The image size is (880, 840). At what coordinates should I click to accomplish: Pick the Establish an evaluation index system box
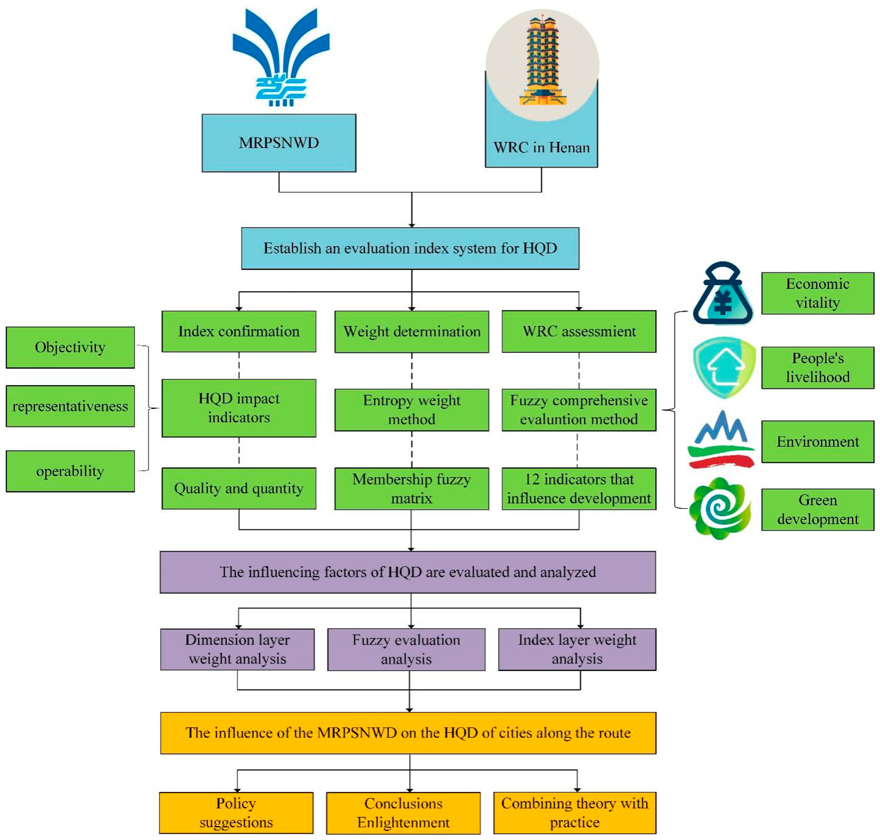[x=410, y=248]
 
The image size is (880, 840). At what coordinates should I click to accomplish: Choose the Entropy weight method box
[x=411, y=409]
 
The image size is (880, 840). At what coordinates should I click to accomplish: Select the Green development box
[x=817, y=509]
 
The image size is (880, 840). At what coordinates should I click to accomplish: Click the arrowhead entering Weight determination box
[x=411, y=308]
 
